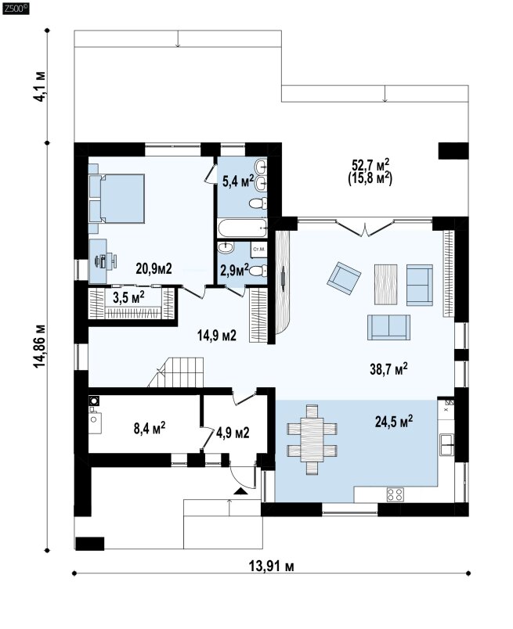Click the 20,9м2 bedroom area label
pos(154,268)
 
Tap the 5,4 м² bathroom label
pos(238,181)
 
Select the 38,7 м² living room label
pos(388,368)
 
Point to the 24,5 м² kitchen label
pos(394,421)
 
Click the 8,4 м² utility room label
pos(150,428)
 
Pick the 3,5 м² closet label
pos(128,297)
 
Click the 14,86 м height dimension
pos(40,347)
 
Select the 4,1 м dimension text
pos(40,86)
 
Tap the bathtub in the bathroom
pos(242,228)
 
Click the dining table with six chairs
pos(312,440)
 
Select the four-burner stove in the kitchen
pos(395,494)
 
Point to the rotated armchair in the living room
pos(344,278)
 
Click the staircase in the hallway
pos(177,372)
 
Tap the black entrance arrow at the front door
pos(240,491)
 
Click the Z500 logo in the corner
pos(16,9)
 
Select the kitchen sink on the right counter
pos(446,444)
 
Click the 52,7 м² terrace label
pos(370,171)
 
